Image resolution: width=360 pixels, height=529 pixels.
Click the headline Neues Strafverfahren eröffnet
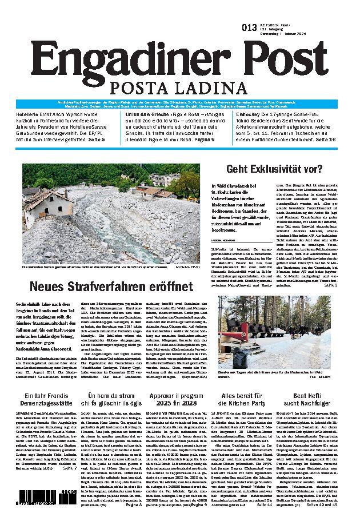click(x=111, y=286)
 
